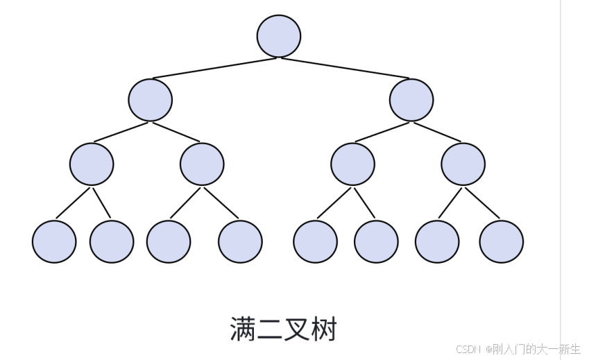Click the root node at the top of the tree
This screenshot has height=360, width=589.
279,36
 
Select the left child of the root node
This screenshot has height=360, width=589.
150,100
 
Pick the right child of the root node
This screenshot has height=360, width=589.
411,100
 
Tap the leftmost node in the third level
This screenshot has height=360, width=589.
92,164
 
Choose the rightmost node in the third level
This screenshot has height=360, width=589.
463,164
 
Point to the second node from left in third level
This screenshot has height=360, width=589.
202,164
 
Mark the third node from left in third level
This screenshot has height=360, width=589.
352,164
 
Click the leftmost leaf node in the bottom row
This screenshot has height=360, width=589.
54,241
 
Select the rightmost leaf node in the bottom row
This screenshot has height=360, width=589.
502,241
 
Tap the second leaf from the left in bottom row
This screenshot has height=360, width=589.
112,241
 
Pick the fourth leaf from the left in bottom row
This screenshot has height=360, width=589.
240,241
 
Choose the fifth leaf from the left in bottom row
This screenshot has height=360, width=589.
315,241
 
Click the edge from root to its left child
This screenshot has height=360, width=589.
214,68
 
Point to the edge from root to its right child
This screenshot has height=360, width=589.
345,68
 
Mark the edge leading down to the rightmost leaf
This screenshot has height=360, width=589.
482,203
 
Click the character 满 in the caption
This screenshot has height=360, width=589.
244,329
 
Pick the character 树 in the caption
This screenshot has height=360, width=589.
324,329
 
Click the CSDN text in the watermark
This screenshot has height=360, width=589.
469,349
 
